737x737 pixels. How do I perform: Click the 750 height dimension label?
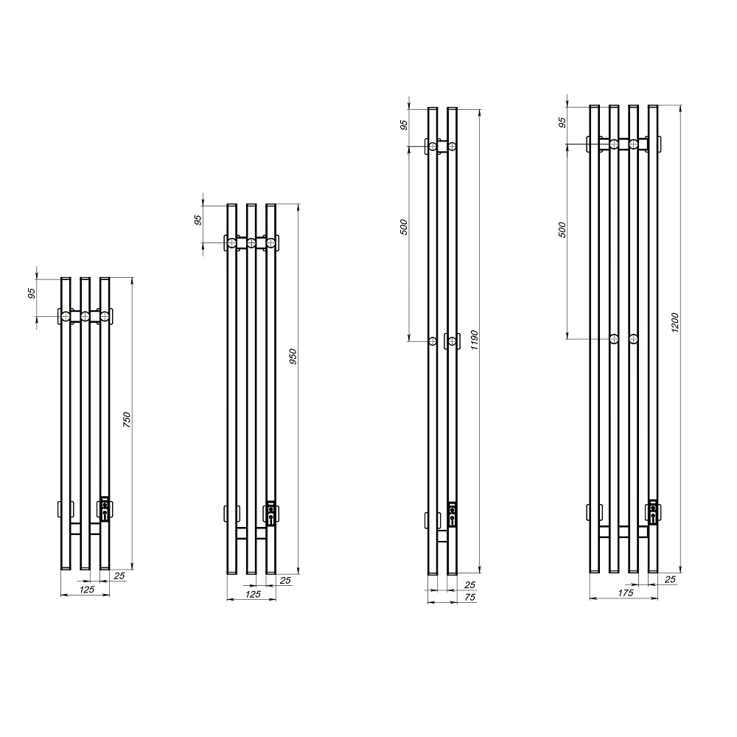(x=127, y=419)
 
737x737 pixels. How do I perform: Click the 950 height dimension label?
(x=293, y=357)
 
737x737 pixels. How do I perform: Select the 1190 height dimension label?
(x=474, y=340)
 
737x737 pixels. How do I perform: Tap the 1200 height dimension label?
(x=675, y=323)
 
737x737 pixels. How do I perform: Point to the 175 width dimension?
(x=626, y=593)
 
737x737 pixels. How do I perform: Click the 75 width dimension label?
(x=469, y=598)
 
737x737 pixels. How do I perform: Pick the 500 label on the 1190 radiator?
(x=404, y=227)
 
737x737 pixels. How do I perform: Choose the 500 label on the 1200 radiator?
(x=562, y=230)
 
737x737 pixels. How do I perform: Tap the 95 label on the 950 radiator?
(x=198, y=220)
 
